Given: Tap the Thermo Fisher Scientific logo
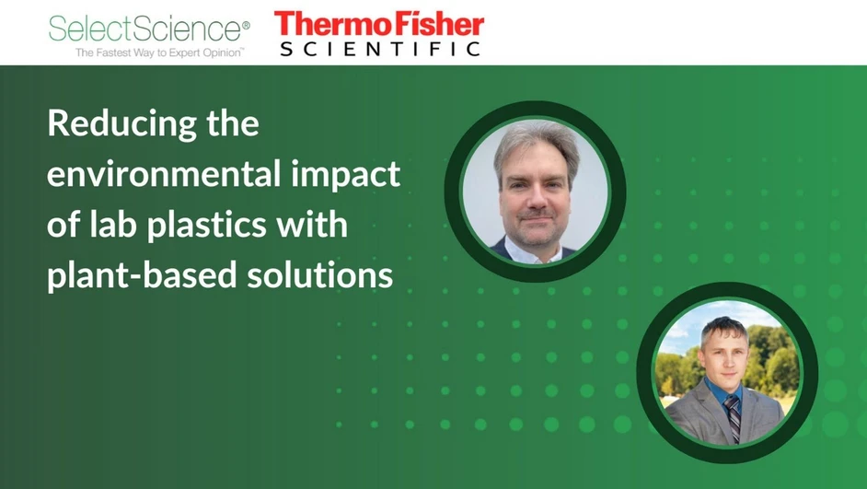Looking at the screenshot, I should [x=379, y=34].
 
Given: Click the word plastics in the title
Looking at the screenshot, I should [x=218, y=225].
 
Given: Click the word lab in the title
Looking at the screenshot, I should [x=111, y=225].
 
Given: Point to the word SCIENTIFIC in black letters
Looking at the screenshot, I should [x=379, y=48].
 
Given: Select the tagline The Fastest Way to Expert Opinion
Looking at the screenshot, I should [x=159, y=53].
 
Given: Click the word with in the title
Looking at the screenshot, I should [x=310, y=225].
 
